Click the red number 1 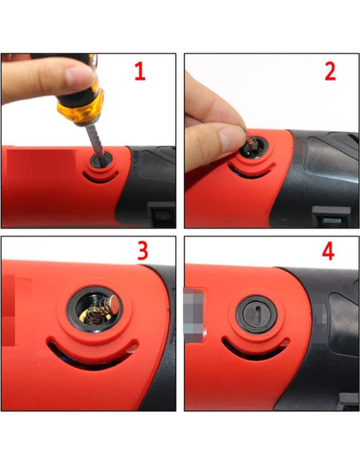[139, 72]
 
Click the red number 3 [143, 252]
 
